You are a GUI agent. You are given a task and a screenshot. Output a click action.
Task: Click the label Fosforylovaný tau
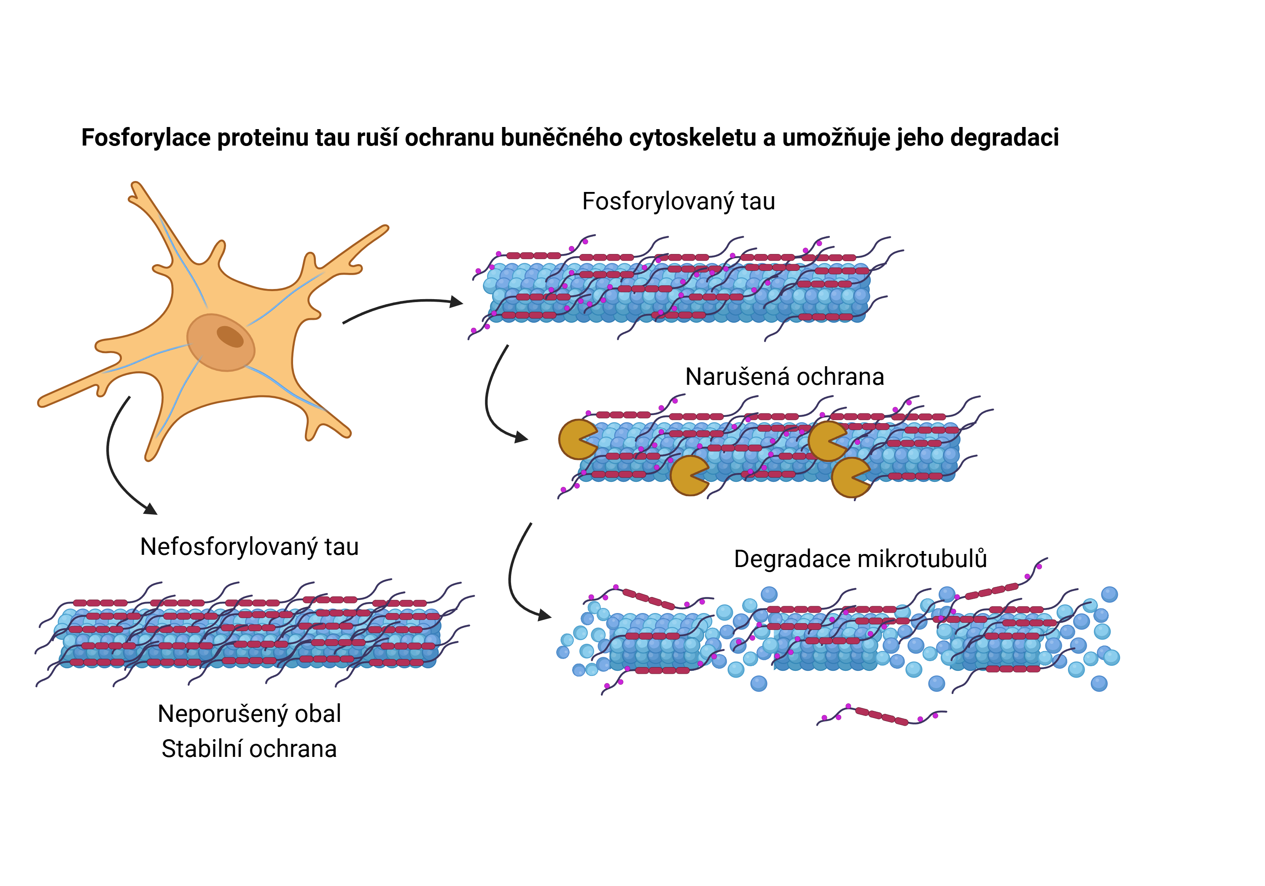click(x=678, y=202)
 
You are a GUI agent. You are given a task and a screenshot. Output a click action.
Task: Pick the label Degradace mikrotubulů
click(x=860, y=559)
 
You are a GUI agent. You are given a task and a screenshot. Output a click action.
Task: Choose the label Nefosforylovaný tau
click(x=249, y=547)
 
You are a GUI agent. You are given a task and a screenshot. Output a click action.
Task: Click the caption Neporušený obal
click(x=249, y=714)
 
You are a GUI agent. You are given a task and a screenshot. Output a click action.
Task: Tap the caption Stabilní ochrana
click(x=249, y=749)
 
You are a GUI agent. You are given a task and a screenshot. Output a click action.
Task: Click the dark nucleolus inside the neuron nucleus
click(x=230, y=336)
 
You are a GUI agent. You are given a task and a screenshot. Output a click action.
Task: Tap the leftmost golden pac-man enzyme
click(x=576, y=440)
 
